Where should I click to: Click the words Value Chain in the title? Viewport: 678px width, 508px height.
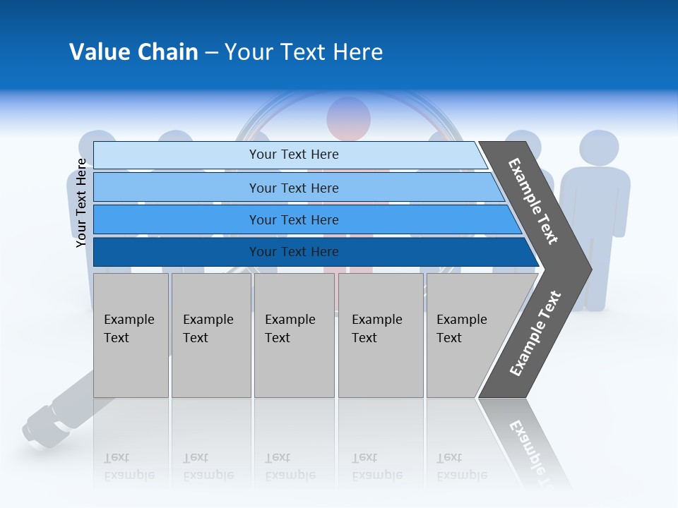click(133, 52)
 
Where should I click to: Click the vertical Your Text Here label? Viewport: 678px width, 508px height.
click(81, 202)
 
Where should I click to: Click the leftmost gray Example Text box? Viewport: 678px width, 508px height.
click(131, 335)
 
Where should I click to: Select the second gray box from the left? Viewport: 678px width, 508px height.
click(211, 335)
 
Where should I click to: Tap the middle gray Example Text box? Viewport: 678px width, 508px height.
click(294, 335)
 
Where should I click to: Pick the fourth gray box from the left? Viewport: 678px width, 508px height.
click(381, 335)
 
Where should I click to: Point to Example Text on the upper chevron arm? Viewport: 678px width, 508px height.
click(533, 201)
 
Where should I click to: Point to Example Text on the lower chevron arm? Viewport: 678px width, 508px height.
click(535, 333)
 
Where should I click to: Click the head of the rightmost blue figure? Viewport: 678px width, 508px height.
click(599, 147)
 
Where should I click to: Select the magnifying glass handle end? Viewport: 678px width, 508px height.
click(39, 427)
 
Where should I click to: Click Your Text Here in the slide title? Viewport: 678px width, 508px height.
click(304, 52)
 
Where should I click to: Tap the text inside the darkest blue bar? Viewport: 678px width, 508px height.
click(294, 252)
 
